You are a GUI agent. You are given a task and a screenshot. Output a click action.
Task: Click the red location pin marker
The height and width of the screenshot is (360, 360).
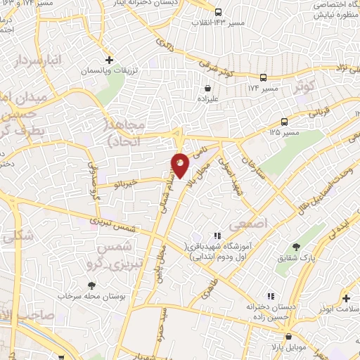point(180,165)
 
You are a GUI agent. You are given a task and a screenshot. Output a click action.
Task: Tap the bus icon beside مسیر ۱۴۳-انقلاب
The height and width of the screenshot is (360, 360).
point(218,12)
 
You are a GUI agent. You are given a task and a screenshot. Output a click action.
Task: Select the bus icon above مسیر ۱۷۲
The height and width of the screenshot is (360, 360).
point(263,77)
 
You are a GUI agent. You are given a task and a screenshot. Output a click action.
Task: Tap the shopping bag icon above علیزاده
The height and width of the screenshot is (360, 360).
point(208,89)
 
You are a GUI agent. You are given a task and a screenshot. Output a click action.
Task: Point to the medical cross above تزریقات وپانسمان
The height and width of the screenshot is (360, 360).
point(109,60)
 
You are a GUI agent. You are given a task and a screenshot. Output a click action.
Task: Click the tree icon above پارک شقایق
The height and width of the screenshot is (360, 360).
point(297,247)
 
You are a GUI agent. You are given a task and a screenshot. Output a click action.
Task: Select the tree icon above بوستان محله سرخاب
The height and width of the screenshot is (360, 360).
point(92,285)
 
